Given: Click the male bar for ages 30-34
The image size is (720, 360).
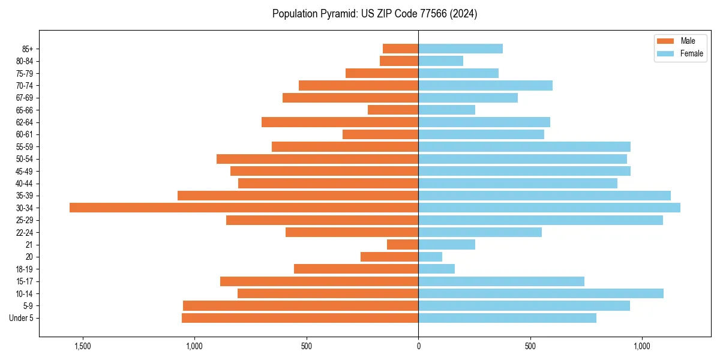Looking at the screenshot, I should [x=244, y=208].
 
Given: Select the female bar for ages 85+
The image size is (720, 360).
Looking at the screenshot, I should [x=460, y=49].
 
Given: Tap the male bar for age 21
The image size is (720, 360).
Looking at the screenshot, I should [x=403, y=244].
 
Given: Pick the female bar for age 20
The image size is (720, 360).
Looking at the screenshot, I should [x=430, y=257].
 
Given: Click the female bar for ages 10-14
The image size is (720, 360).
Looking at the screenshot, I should [x=541, y=293].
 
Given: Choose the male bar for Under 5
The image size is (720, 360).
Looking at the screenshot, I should [x=300, y=318].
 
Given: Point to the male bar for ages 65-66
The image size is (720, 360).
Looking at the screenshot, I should [x=393, y=110].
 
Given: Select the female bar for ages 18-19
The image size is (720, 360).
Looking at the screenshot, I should [x=436, y=269].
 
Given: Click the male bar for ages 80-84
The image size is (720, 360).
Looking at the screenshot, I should [x=399, y=61].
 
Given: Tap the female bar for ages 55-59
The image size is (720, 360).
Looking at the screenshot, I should [x=524, y=146].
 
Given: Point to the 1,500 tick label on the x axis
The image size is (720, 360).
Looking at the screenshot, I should [x=82, y=346].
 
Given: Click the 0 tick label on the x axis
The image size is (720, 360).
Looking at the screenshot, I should [x=418, y=346].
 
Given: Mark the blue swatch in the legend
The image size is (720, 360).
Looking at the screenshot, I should [x=665, y=53].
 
